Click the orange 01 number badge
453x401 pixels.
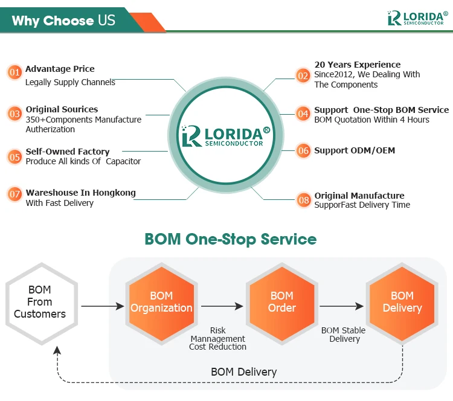coord(14,73)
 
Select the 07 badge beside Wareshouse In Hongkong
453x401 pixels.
coord(14,194)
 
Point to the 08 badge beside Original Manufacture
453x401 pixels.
coord(303,199)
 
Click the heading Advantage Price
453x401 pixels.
coord(60,69)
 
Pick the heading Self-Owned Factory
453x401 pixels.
coord(68,152)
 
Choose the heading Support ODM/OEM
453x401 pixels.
coord(355,150)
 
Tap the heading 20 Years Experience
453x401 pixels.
coord(357,65)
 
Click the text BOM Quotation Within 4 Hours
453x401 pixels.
coord(371,120)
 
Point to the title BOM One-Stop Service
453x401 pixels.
coord(230,239)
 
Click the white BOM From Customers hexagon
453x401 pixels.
coord(40,302)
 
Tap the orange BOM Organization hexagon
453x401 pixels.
coord(161,302)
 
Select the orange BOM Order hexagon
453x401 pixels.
coord(282,302)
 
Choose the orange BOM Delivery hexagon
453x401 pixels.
coord(402,302)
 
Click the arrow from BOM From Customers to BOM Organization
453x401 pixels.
coord(102,306)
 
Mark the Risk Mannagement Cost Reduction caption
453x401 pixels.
coord(217,339)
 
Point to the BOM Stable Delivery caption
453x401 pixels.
coord(343,335)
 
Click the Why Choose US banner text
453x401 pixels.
coord(63,21)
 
